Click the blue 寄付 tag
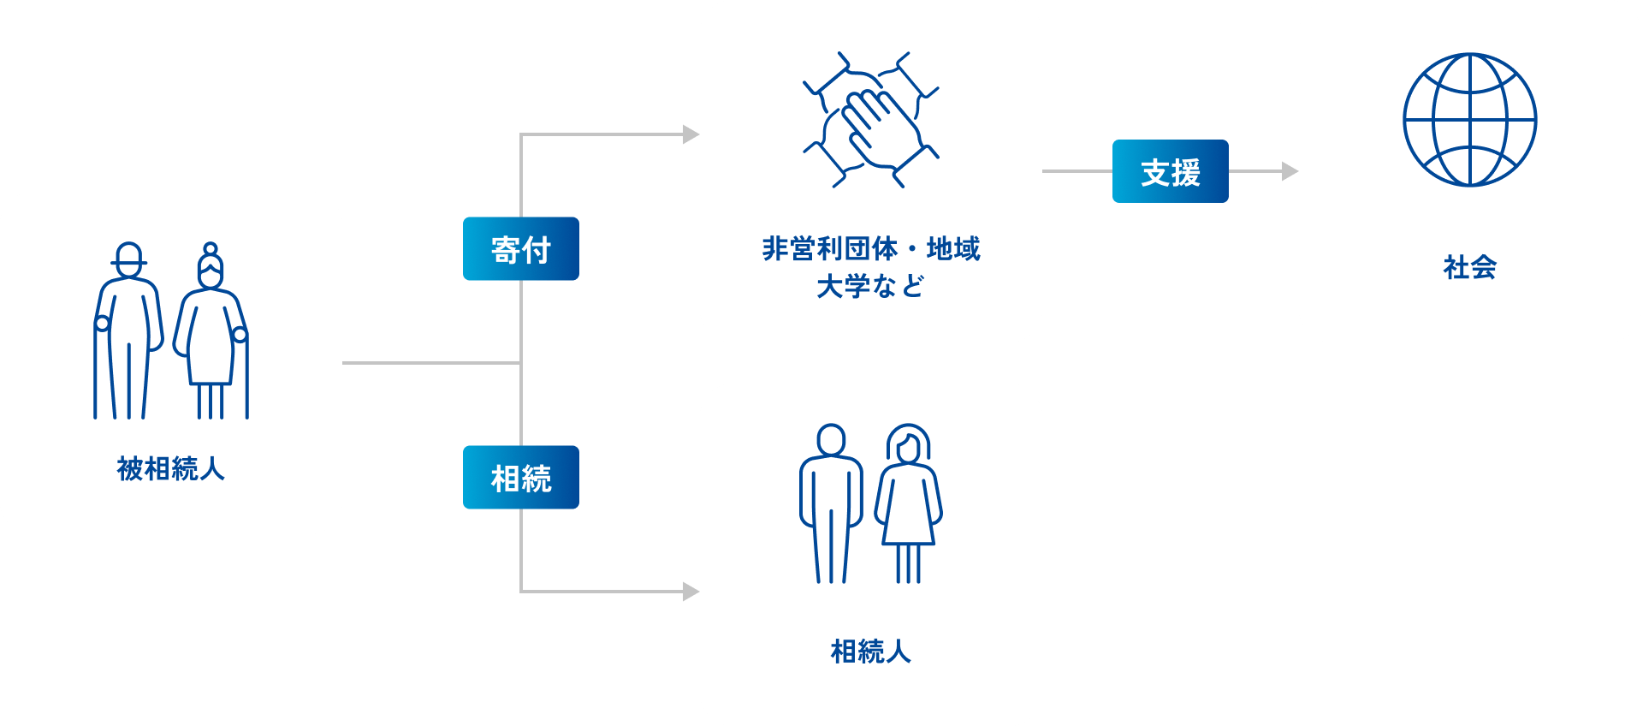[x=520, y=248]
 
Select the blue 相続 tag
[x=520, y=477]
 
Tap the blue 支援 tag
[x=1170, y=171]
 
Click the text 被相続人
[x=171, y=468]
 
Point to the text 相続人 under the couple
[x=870, y=652]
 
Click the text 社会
[x=1469, y=267]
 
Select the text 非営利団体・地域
[x=870, y=248]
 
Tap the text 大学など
[x=870, y=286]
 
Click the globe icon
[x=1469, y=120]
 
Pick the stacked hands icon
[x=870, y=120]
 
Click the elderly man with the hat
[x=128, y=334]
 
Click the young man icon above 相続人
[x=831, y=505]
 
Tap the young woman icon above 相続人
[x=908, y=505]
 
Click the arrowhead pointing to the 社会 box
[x=1290, y=171]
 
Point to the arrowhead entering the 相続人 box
[x=691, y=592]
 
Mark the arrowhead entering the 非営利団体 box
[x=691, y=134]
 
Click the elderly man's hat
[x=128, y=255]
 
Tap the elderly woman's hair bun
[x=211, y=249]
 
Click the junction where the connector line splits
[x=520, y=363]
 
